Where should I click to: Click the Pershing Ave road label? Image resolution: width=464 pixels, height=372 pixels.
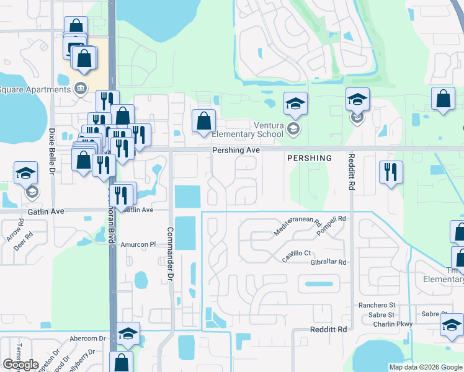pos(235,150)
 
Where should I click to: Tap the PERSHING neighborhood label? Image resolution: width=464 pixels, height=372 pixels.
pos(310,158)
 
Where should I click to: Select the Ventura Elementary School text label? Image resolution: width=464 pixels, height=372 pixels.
pos(248,129)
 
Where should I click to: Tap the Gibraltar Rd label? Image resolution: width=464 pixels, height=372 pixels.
pos(328,262)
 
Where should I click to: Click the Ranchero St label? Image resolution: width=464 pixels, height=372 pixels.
pos(377,305)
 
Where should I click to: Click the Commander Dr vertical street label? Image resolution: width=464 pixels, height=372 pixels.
pos(169,255)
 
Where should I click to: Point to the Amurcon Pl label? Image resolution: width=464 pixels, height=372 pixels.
pos(137,244)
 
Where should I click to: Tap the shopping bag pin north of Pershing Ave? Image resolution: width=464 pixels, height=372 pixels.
pos(203,121)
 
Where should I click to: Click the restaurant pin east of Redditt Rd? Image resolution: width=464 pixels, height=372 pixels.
pos(391,172)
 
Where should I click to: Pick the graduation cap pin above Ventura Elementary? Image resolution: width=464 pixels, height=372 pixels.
pos(296,104)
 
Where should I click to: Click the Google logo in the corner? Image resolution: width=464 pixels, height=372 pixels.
pos(20,365)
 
